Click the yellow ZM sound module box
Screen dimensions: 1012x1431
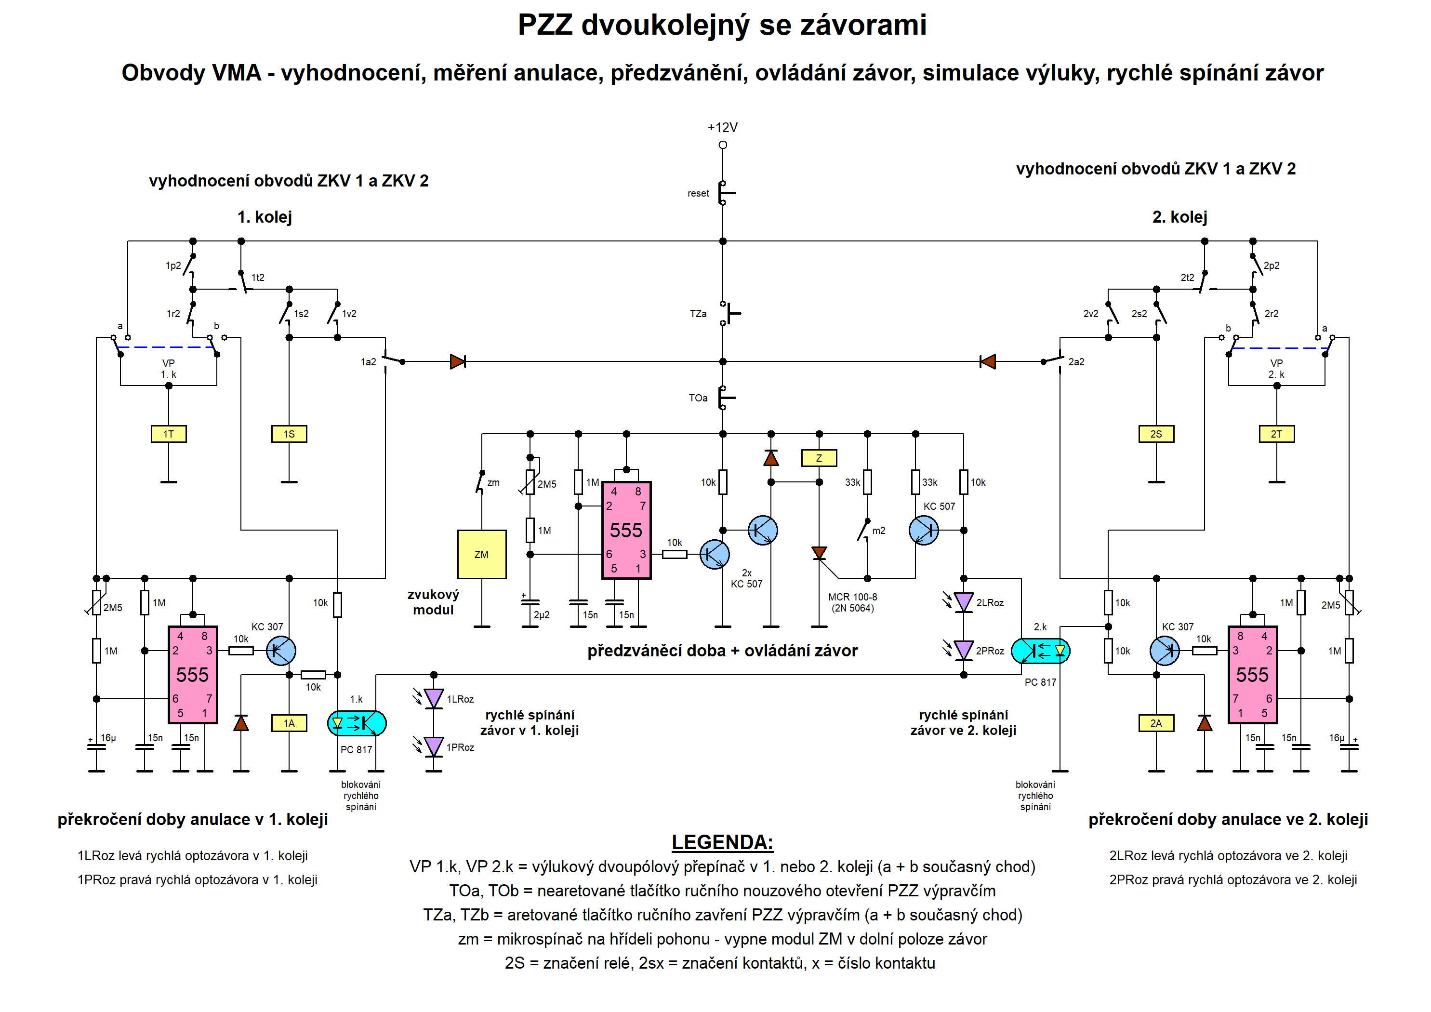coord(481,554)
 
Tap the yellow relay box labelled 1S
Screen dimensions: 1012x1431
coord(289,434)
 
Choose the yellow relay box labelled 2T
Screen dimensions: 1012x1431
coord(1276,434)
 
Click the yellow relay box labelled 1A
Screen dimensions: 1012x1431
coord(289,723)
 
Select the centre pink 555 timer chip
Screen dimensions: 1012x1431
coord(626,530)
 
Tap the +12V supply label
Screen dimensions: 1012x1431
coord(722,127)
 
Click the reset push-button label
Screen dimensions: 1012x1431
coord(698,193)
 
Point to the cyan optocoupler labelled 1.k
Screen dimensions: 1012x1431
coord(357,723)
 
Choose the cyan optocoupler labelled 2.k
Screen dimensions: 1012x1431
coord(1040,651)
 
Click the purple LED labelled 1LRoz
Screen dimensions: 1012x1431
coord(433,698)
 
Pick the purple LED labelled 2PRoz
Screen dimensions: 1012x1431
coord(964,651)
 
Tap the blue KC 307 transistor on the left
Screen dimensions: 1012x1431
coord(280,651)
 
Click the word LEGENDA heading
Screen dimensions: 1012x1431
coord(722,842)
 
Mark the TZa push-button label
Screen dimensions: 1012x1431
coord(698,314)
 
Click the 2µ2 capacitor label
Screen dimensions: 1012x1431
coord(541,615)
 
